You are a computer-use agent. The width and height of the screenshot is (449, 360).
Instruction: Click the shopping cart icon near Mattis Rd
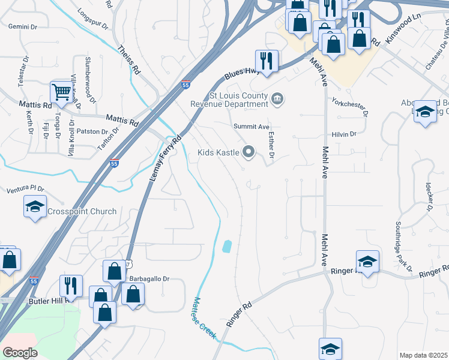(61, 92)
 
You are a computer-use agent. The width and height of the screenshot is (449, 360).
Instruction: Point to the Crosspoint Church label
(82, 211)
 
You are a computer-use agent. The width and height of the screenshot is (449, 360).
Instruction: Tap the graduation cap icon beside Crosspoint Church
(35, 207)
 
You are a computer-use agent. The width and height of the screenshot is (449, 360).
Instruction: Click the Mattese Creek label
(203, 318)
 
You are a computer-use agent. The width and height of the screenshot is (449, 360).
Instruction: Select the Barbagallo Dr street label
(150, 279)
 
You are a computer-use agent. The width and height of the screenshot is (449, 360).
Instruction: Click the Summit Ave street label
(252, 127)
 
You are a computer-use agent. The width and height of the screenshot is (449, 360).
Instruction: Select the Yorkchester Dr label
(348, 106)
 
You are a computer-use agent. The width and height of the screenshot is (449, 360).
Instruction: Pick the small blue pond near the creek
(227, 246)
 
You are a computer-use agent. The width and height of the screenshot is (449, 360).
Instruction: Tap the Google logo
(20, 352)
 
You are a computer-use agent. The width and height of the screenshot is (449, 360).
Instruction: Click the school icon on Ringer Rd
(367, 262)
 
